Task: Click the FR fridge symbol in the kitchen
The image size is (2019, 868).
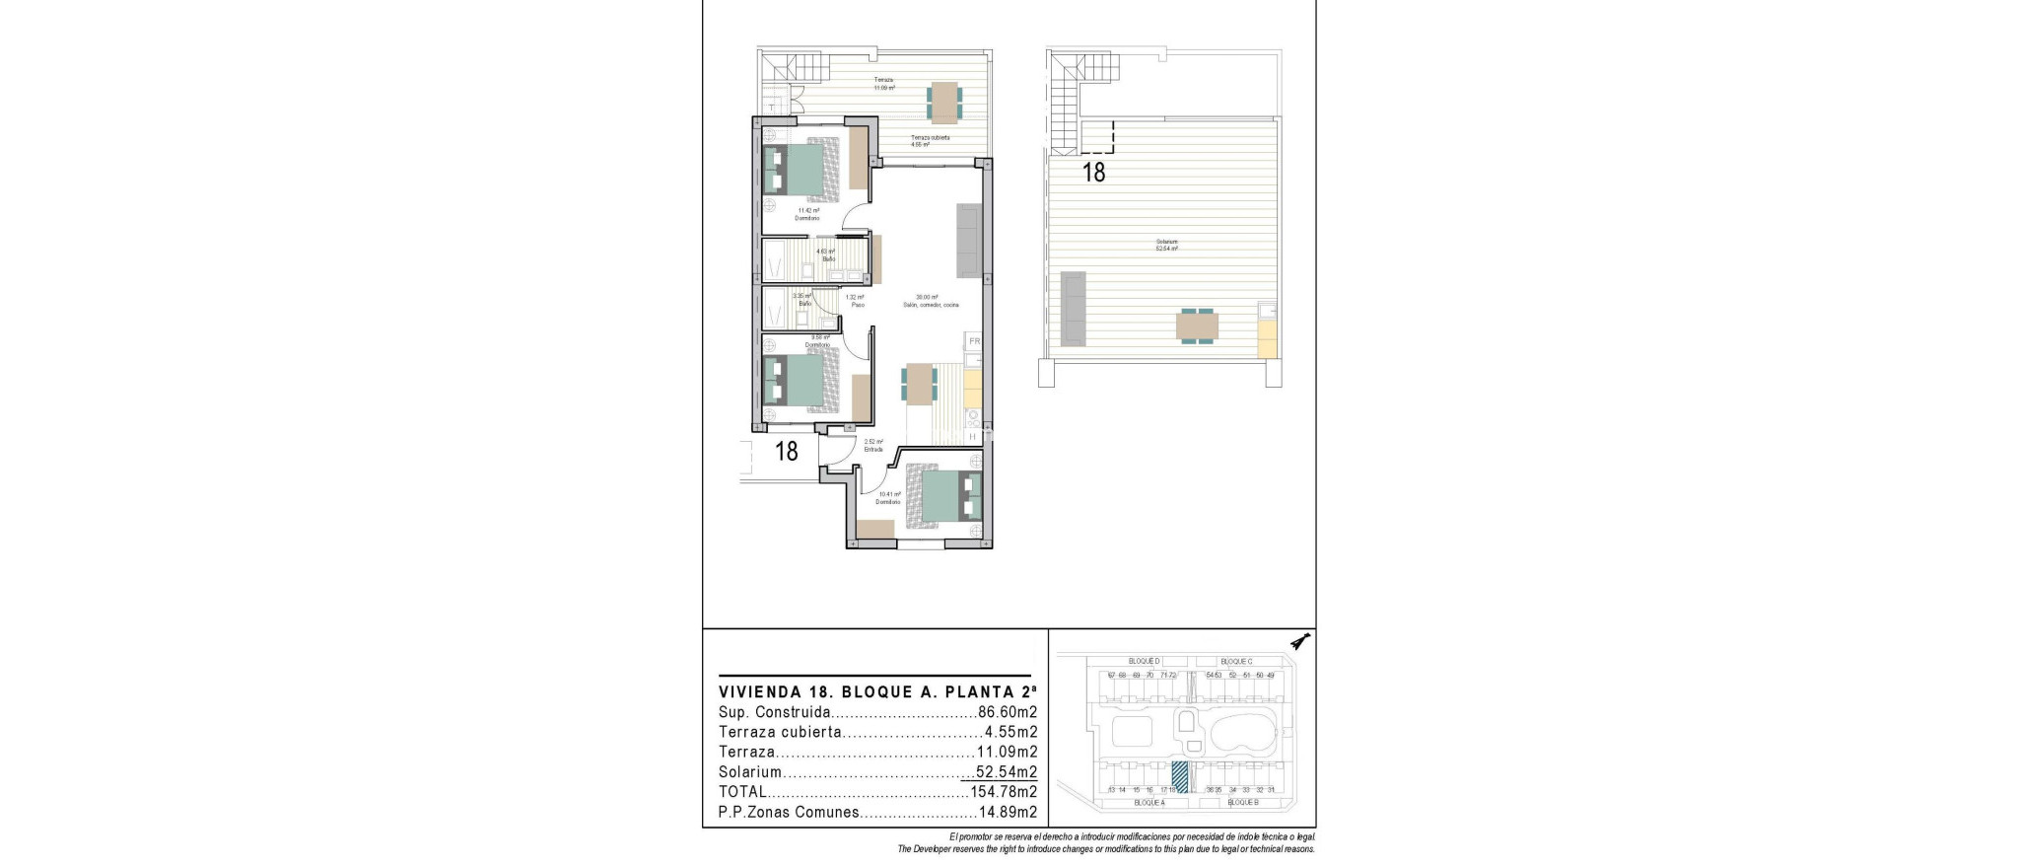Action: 974,341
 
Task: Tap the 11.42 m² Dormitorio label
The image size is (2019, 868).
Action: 807,214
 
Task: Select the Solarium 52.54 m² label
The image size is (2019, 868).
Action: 1167,246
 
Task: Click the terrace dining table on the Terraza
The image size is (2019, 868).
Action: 944,101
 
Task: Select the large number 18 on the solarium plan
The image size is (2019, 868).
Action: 1093,173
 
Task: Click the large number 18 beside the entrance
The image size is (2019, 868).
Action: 786,452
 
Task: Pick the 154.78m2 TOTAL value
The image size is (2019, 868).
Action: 1004,792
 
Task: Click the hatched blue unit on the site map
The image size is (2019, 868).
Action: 1179,774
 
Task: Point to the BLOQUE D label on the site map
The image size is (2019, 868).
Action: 1145,661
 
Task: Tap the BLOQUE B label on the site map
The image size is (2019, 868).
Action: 1242,803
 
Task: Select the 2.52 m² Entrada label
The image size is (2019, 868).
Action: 873,446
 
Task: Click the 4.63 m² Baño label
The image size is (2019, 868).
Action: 825,255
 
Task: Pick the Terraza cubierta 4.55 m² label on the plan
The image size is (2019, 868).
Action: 930,141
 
